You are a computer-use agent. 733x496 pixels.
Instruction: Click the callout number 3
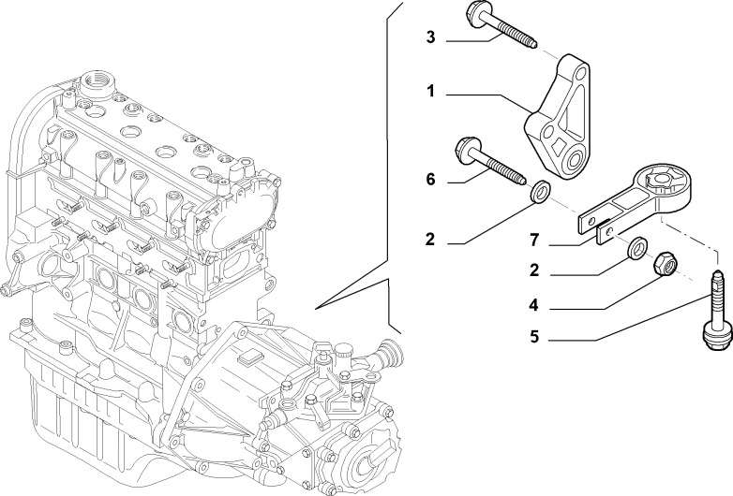430,37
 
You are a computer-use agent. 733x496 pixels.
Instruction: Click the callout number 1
430,92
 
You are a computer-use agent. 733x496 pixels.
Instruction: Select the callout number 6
430,179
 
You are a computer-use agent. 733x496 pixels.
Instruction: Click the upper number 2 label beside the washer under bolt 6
430,240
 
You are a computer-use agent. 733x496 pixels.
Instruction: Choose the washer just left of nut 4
636,248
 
